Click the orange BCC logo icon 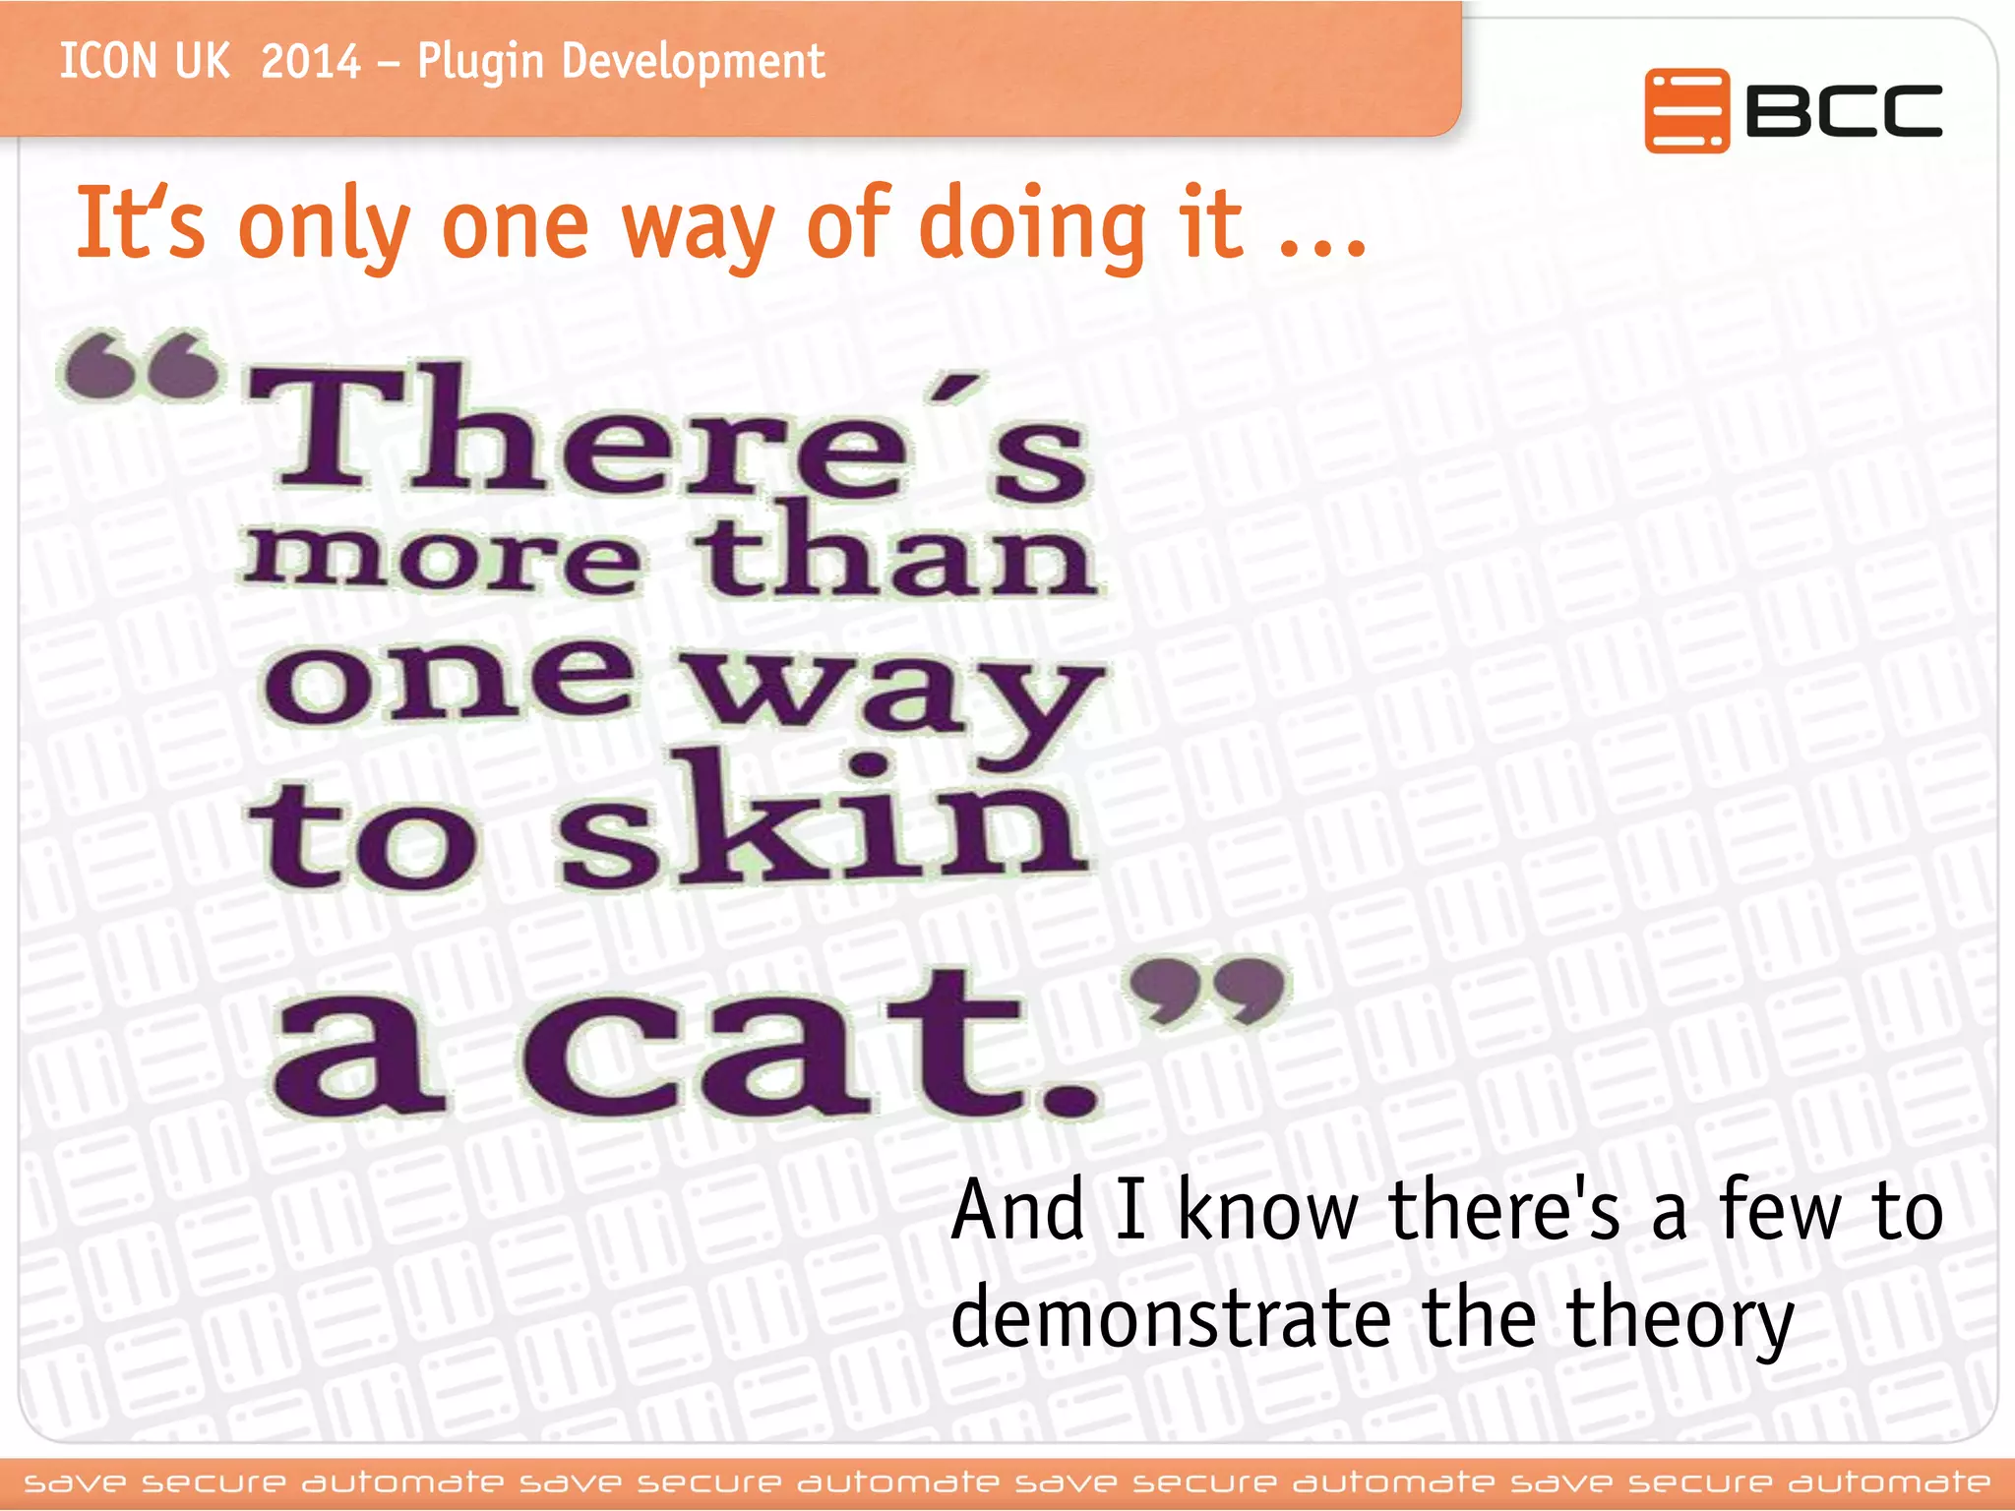[1685, 110]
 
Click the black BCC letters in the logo [1843, 110]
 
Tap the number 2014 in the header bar [311, 62]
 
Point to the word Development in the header [692, 62]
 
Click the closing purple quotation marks [1207, 989]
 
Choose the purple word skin [822, 821]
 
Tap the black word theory [1680, 1320]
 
